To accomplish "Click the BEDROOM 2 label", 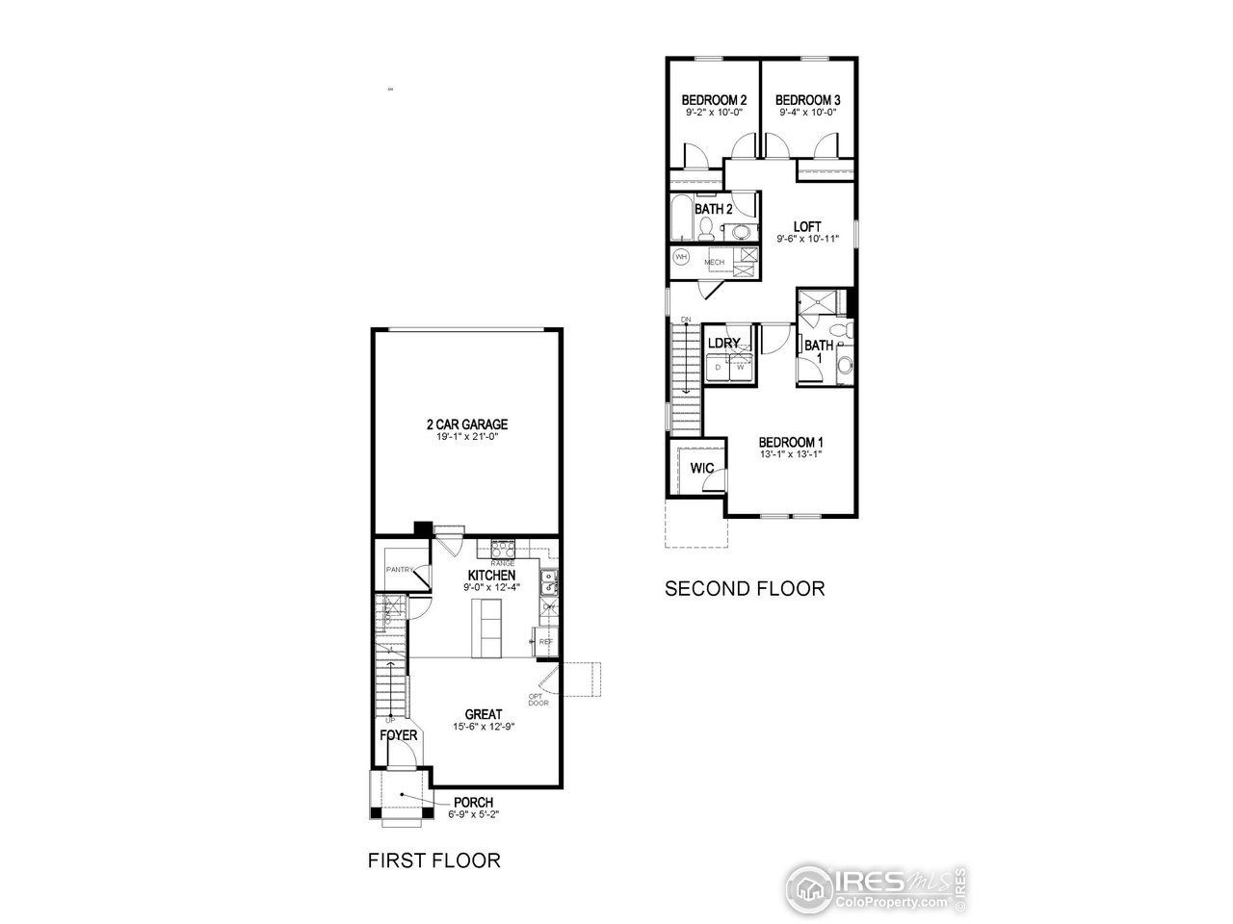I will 714,100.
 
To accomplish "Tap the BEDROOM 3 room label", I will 807,100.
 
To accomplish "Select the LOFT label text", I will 807,227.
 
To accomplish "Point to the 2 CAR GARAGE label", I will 466,424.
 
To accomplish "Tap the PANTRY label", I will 400,570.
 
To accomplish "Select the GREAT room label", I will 484,714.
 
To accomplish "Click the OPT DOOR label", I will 538,699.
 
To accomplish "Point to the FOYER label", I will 399,735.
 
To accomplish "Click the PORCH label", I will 473,803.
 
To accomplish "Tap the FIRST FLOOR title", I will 434,860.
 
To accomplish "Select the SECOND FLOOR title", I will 745,588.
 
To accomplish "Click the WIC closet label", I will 701,468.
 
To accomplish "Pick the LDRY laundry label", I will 723,344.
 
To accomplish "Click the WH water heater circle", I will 681,257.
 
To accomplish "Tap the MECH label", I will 714,262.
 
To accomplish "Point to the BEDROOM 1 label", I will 791,443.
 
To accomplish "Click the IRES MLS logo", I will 875,885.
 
